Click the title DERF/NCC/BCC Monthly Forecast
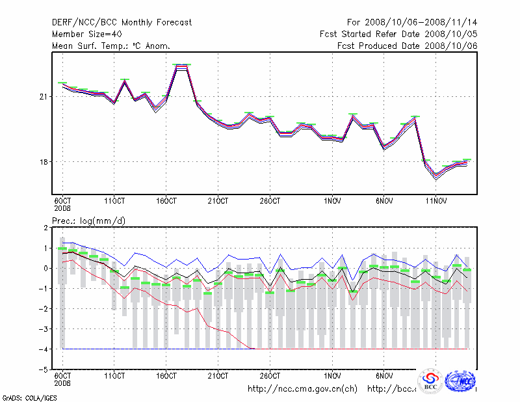(122, 22)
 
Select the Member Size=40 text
(86, 34)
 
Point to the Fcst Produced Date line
(408, 46)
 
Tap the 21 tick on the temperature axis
(44, 97)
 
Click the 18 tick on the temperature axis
(44, 162)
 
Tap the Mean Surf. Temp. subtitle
(111, 46)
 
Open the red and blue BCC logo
(430, 381)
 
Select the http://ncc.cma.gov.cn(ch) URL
(303, 389)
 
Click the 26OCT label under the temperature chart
(270, 200)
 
